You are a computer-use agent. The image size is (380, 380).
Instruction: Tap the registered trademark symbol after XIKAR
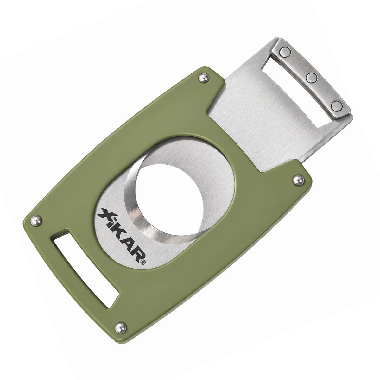(x=143, y=262)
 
